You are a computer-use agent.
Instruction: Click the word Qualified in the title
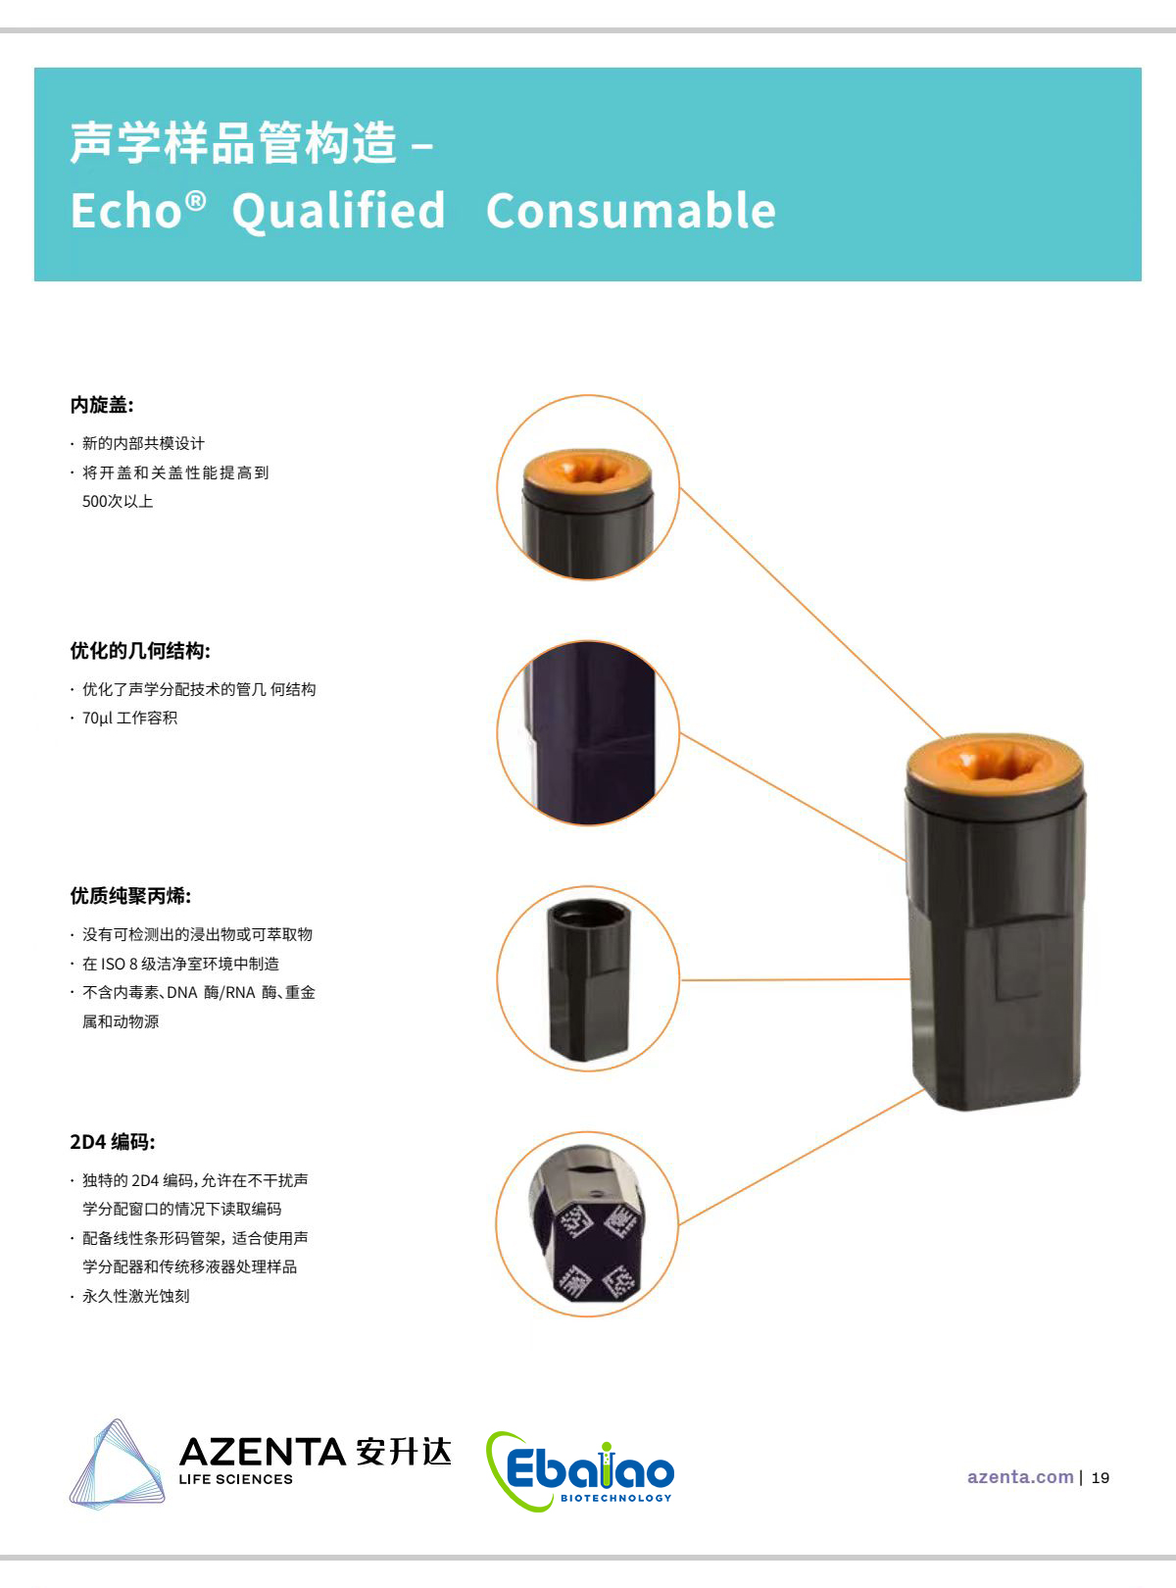coord(338,211)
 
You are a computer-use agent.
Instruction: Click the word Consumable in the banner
coord(630,211)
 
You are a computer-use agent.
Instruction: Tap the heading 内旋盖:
coord(102,405)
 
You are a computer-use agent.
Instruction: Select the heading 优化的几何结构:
coord(140,651)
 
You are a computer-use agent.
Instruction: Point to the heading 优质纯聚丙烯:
coord(130,896)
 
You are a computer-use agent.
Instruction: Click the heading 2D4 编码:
coord(112,1142)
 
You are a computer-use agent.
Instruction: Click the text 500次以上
coord(118,502)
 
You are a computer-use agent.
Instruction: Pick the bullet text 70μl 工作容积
coord(129,719)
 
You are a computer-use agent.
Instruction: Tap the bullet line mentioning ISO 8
coord(180,964)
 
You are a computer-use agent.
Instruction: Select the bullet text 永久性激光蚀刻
coord(135,1296)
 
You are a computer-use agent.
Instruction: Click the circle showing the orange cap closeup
coord(588,487)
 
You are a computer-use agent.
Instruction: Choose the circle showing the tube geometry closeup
coord(588,733)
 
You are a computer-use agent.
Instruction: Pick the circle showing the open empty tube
coord(588,979)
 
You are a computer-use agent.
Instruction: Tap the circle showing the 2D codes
coord(588,1224)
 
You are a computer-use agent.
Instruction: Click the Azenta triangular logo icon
coord(116,1464)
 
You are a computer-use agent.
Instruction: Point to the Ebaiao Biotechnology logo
coord(580,1470)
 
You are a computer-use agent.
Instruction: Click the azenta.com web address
coord(1020,1477)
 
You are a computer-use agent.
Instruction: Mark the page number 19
coord(1101,1478)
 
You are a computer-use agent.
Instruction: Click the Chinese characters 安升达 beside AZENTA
coord(404,1452)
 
